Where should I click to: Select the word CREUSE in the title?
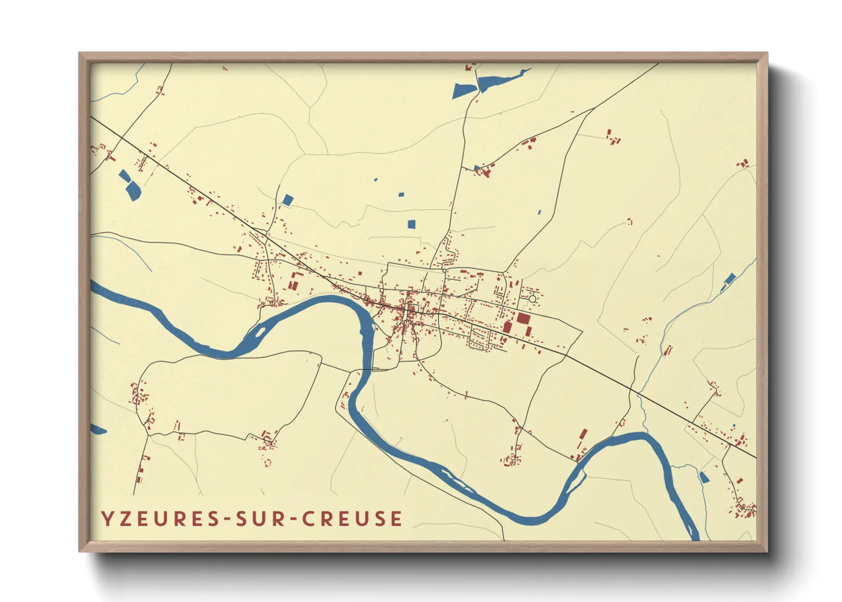[x=352, y=519]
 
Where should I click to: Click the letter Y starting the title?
[x=106, y=519]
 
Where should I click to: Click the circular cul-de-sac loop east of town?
[x=533, y=299]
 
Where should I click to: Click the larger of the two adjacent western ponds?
[x=133, y=190]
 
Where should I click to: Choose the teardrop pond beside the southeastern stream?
[x=704, y=477]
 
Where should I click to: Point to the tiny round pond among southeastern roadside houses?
[x=734, y=426]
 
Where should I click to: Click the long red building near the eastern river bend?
[x=582, y=438]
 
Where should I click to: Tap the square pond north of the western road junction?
[x=288, y=200]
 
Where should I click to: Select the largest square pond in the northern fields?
[x=412, y=224]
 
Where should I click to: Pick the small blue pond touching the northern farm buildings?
[x=477, y=168]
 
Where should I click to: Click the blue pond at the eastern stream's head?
[x=729, y=279]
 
